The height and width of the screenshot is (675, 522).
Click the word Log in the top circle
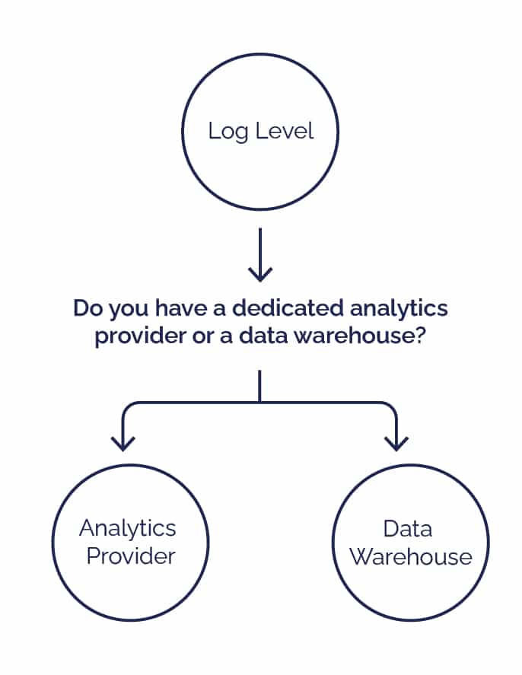pyautogui.click(x=224, y=131)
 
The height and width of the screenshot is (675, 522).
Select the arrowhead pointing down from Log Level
pyautogui.click(x=260, y=273)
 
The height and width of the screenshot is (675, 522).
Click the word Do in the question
pyautogui.click(x=86, y=309)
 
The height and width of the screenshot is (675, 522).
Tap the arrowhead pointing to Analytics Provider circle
pyautogui.click(x=123, y=443)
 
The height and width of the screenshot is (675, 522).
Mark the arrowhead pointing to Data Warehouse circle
pyautogui.click(x=396, y=443)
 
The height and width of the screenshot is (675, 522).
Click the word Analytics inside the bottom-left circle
pyautogui.click(x=127, y=528)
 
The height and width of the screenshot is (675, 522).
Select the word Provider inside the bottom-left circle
pyautogui.click(x=131, y=556)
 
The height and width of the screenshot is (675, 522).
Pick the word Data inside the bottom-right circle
pyautogui.click(x=408, y=528)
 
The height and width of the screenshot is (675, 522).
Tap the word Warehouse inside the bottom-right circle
pyautogui.click(x=411, y=556)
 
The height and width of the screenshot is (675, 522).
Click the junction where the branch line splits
pyautogui.click(x=260, y=401)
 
